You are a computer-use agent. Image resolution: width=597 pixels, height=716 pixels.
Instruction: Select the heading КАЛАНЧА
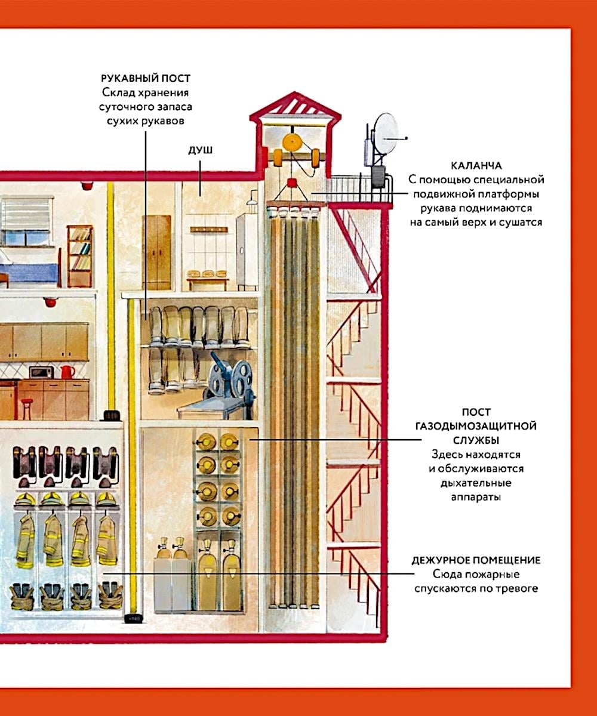[476, 165]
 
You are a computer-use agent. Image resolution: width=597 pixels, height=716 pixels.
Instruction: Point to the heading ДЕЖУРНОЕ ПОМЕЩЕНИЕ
[476, 560]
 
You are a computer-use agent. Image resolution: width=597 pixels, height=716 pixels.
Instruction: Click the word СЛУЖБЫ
[476, 440]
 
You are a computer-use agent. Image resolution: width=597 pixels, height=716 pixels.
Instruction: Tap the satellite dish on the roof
[384, 132]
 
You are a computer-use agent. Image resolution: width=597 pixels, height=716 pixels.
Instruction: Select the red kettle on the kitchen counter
[67, 372]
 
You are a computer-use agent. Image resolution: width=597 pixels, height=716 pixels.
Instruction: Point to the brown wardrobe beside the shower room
[156, 252]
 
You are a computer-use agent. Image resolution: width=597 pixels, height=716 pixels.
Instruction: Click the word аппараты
[476, 496]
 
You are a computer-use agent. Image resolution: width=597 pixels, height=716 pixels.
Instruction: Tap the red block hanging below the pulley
[293, 182]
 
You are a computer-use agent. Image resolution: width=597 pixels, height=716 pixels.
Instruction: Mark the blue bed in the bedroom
[30, 271]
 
